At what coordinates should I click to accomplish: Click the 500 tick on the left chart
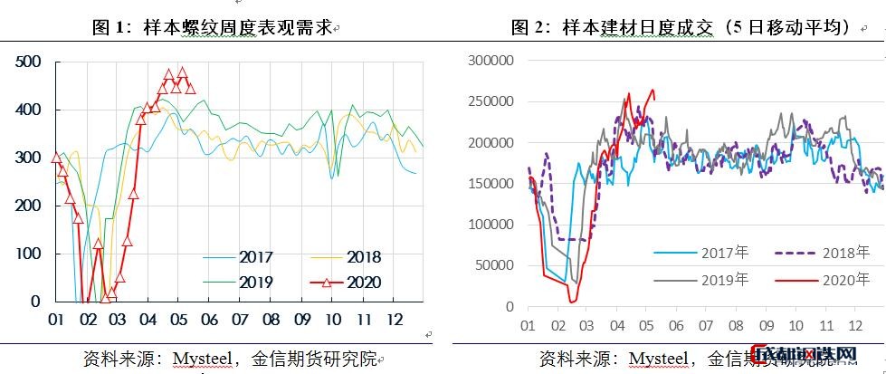pos(28,62)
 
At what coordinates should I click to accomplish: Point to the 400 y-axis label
pos(28,110)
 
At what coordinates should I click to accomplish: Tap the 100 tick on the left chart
pos(28,254)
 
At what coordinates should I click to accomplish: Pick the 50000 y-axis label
pos(494,265)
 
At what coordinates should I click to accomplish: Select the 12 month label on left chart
pos(393,320)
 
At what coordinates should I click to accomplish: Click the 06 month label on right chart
pos(676,324)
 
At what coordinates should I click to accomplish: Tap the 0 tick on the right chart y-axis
pos(510,307)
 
